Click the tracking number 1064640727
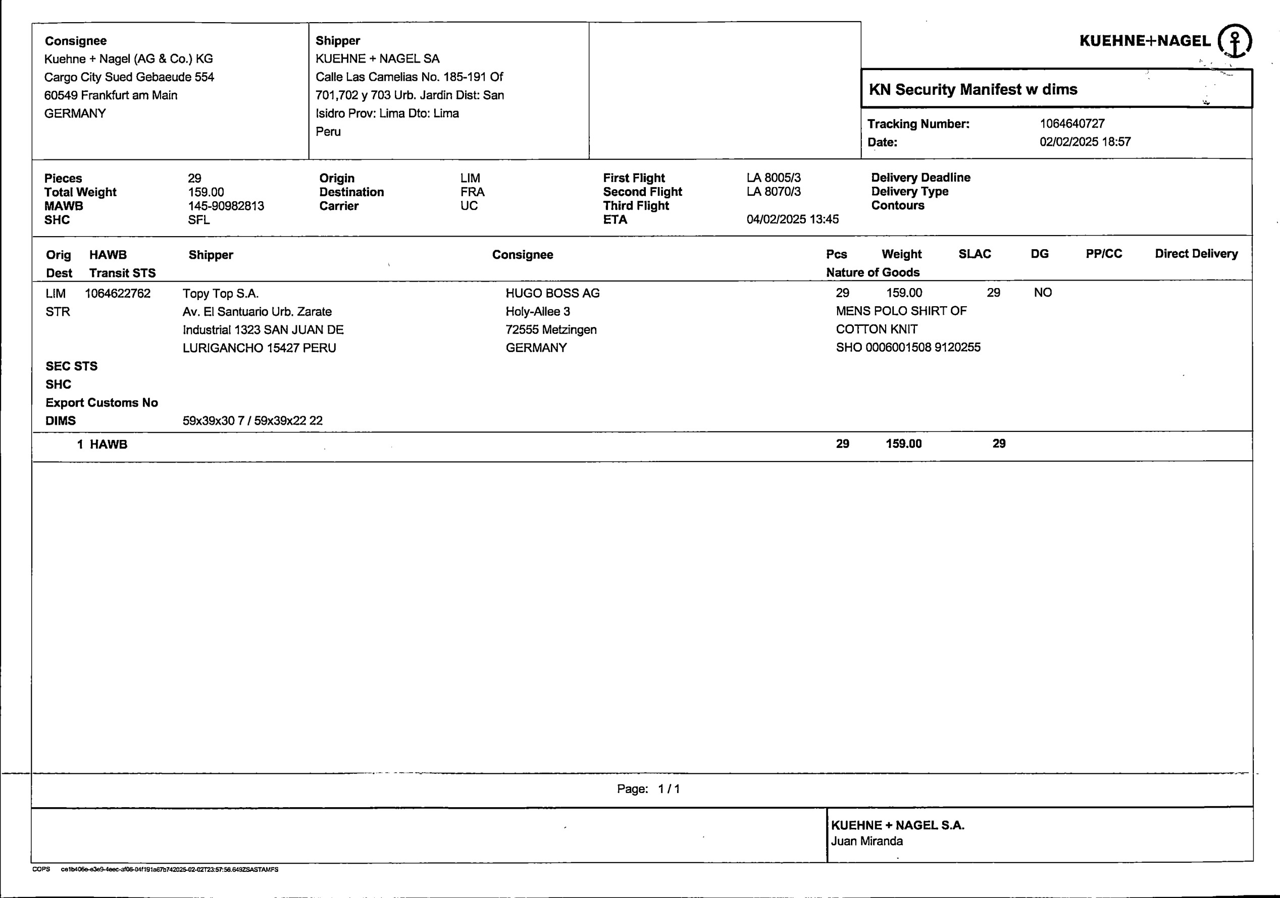click(1071, 124)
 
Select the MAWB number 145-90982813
click(226, 206)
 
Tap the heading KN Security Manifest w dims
click(973, 90)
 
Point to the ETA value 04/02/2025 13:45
click(792, 219)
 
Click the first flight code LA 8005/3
click(773, 178)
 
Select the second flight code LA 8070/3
click(773, 192)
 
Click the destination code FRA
click(472, 192)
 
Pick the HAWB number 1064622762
click(118, 294)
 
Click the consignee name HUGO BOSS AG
click(552, 293)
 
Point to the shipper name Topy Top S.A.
click(220, 294)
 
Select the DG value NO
click(1043, 293)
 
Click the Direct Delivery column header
click(1196, 254)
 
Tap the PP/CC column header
click(1103, 254)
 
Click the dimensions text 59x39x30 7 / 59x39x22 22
click(252, 421)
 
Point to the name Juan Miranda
click(866, 841)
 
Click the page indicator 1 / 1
click(669, 789)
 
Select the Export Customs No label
click(101, 403)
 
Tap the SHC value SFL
click(198, 220)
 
